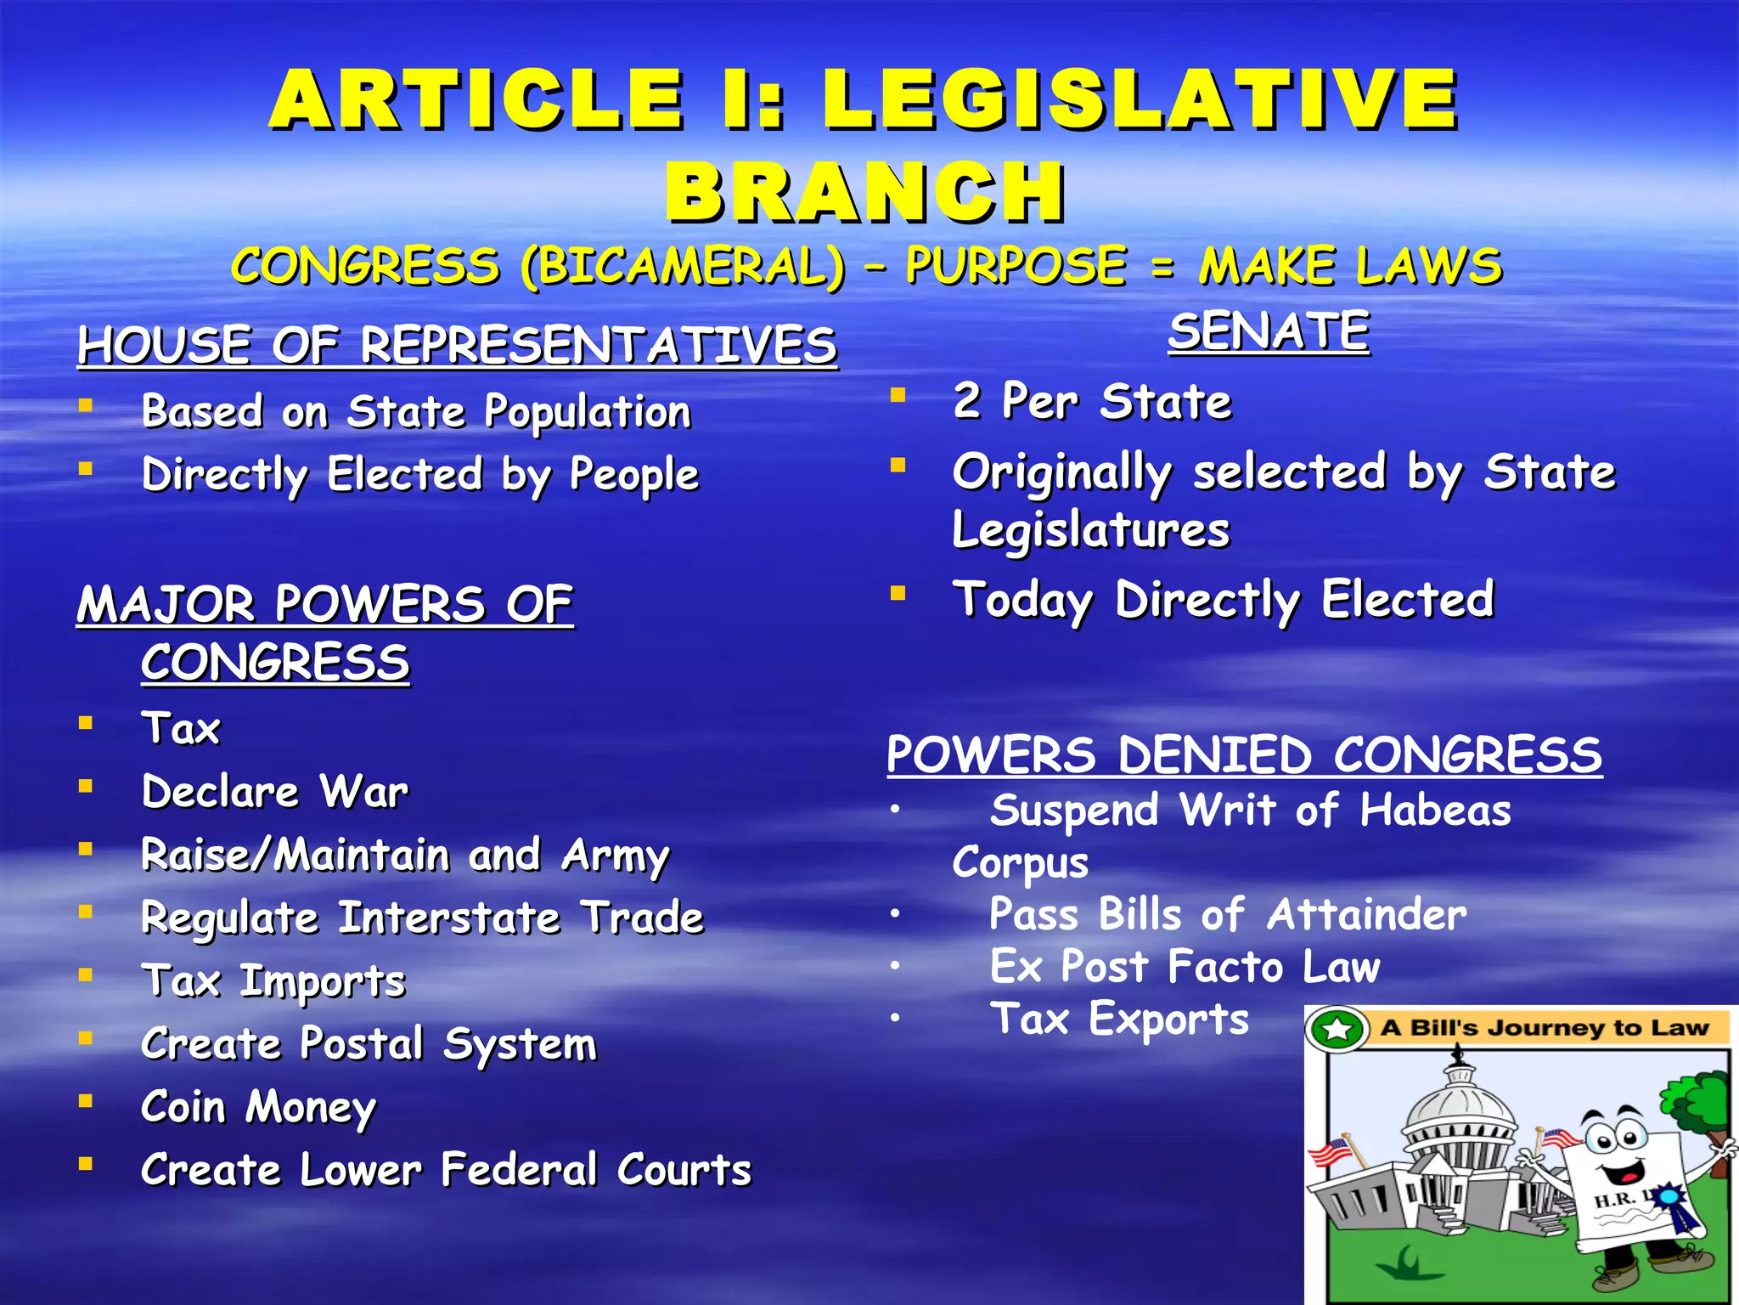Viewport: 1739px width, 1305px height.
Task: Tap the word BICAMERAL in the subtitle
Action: point(684,266)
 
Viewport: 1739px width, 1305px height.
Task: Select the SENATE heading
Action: point(1269,330)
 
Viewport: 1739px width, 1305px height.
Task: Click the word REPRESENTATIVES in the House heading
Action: point(599,346)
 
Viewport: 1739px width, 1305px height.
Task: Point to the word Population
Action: point(588,412)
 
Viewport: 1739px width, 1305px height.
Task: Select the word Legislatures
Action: point(1091,530)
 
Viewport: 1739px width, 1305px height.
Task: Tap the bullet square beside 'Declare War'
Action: point(85,786)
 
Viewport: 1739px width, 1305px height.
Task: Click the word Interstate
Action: point(449,918)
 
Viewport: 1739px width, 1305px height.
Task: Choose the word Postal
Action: point(362,1043)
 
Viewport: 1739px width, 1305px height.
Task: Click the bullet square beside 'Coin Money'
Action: point(85,1101)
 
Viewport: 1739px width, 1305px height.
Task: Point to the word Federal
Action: point(519,1169)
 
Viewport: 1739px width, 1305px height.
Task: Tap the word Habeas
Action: point(1435,810)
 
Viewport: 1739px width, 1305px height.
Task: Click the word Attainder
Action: point(1366,915)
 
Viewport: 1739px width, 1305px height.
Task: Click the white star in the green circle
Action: point(1337,1029)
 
